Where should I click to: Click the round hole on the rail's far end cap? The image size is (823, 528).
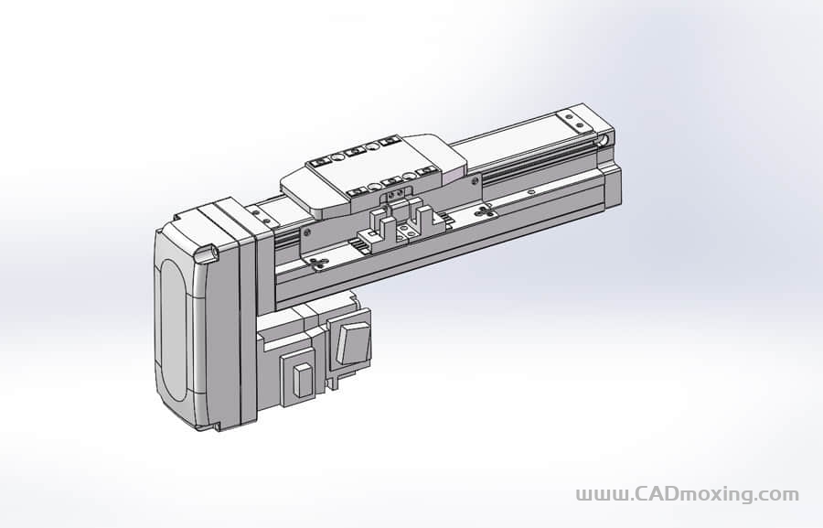click(605, 140)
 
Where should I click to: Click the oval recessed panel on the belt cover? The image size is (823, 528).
click(173, 329)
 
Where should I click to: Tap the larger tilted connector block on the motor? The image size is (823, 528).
click(353, 343)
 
